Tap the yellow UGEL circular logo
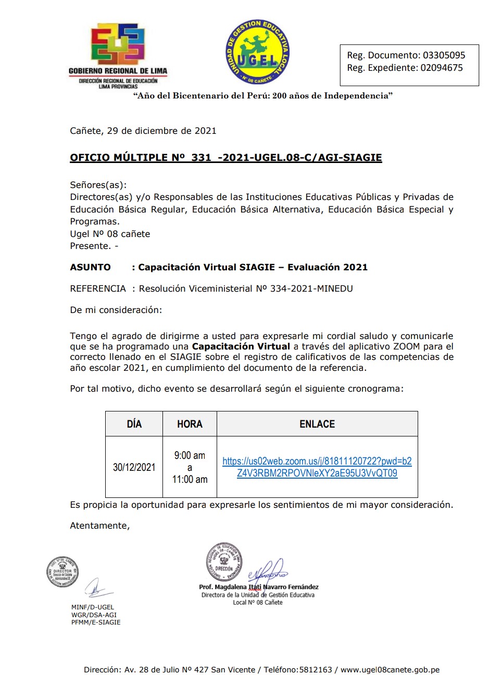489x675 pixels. tap(257, 52)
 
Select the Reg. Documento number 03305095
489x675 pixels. tap(444, 55)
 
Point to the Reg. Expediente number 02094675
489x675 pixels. tap(441, 68)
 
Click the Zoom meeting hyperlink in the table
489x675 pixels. tap(317, 467)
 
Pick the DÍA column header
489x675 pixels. tap(134, 424)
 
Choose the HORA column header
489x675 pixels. tap(190, 424)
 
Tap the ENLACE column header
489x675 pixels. tap(317, 424)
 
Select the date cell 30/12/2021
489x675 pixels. tap(134, 467)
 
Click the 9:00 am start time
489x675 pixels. tap(190, 455)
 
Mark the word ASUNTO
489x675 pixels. tap(91, 267)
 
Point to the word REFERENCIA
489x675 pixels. tap(98, 289)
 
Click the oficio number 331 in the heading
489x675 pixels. tap(201, 158)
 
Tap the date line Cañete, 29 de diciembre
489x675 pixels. tap(143, 131)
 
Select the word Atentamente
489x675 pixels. tap(99, 526)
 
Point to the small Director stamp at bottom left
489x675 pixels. tap(62, 572)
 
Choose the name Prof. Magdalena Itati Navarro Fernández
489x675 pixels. tap(259, 587)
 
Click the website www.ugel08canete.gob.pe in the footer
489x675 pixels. tap(390, 670)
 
